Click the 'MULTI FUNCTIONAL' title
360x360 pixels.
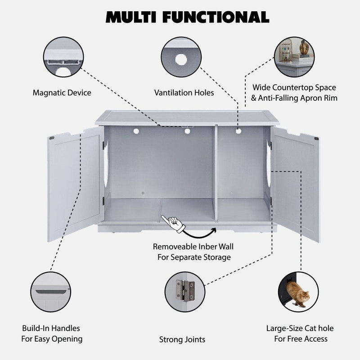[187, 16]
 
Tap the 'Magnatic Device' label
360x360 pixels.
[62, 93]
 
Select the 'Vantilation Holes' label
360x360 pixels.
[184, 93]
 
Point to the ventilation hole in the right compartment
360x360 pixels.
[238, 131]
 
